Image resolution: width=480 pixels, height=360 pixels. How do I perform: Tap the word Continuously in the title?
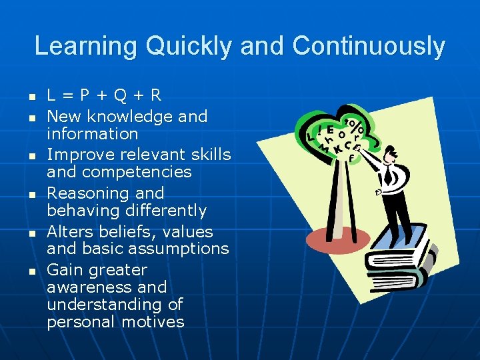368,47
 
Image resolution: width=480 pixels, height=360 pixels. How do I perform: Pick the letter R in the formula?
155,95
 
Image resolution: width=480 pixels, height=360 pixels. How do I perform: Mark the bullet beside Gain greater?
31,271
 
